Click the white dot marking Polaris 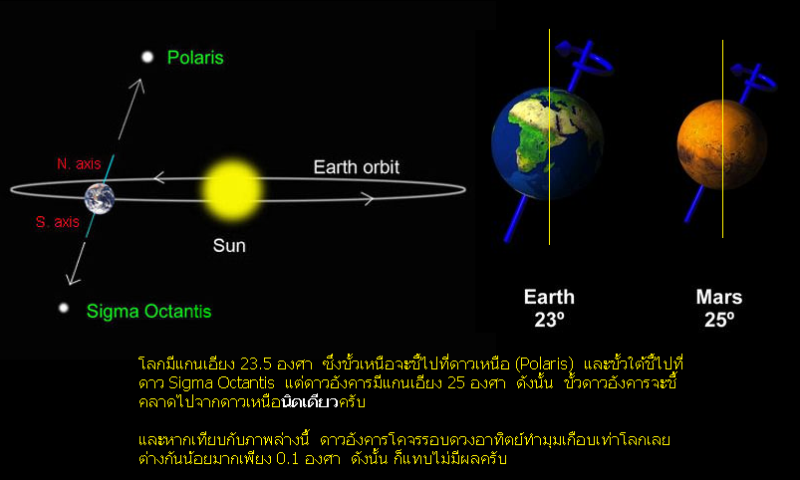pyautogui.click(x=147, y=57)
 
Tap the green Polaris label pyautogui.click(x=195, y=58)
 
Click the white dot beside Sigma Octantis pyautogui.click(x=64, y=308)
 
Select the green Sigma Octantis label pyautogui.click(x=149, y=311)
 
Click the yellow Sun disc pyautogui.click(x=232, y=189)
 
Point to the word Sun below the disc pyautogui.click(x=229, y=246)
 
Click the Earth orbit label pyautogui.click(x=356, y=167)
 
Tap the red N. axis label pyautogui.click(x=79, y=163)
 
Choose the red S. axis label pyautogui.click(x=58, y=222)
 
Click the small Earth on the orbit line pyautogui.click(x=100, y=198)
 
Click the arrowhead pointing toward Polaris pyautogui.click(x=138, y=85)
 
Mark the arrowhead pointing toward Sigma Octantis pyautogui.click(x=73, y=279)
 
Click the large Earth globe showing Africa pyautogui.click(x=548, y=143)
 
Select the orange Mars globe pyautogui.click(x=721, y=144)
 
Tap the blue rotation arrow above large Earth pyautogui.click(x=585, y=58)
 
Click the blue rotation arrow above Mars pyautogui.click(x=753, y=79)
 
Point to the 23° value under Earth pyautogui.click(x=549, y=320)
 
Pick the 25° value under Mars pyautogui.click(x=719, y=320)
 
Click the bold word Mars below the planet pyautogui.click(x=719, y=297)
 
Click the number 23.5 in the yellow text pyautogui.click(x=256, y=364)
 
